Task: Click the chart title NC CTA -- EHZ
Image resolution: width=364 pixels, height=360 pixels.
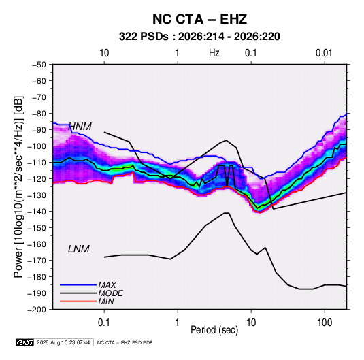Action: pyautogui.click(x=199, y=19)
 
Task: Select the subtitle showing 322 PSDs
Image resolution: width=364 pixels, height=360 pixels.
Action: pyautogui.click(x=199, y=37)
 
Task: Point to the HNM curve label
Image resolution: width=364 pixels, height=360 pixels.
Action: pyautogui.click(x=80, y=127)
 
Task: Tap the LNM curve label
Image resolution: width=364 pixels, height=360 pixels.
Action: pyautogui.click(x=79, y=249)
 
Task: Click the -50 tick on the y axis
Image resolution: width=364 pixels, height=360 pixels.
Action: pyautogui.click(x=39, y=65)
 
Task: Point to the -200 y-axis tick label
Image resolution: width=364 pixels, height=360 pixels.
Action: pyautogui.click(x=37, y=310)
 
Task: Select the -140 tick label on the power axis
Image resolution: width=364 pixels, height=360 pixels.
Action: pyautogui.click(x=37, y=212)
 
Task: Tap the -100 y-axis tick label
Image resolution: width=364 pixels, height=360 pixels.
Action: pyautogui.click(x=37, y=146)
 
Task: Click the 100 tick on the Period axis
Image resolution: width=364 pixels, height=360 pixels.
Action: pyautogui.click(x=325, y=323)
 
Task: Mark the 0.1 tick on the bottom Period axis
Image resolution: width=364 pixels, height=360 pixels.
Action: pyautogui.click(x=104, y=323)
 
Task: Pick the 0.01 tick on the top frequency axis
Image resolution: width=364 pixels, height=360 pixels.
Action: pyautogui.click(x=324, y=53)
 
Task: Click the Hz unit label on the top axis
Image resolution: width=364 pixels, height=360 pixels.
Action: pyautogui.click(x=214, y=53)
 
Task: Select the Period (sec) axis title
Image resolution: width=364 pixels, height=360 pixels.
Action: pyautogui.click(x=214, y=330)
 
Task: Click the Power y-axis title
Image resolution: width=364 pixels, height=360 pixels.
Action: pyautogui.click(x=18, y=187)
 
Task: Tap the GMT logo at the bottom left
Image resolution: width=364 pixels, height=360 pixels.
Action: pyautogui.click(x=24, y=342)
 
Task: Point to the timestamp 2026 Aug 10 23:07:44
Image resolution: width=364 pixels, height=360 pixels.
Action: pyautogui.click(x=63, y=342)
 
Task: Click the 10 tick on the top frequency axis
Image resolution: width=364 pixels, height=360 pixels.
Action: pyautogui.click(x=104, y=53)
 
